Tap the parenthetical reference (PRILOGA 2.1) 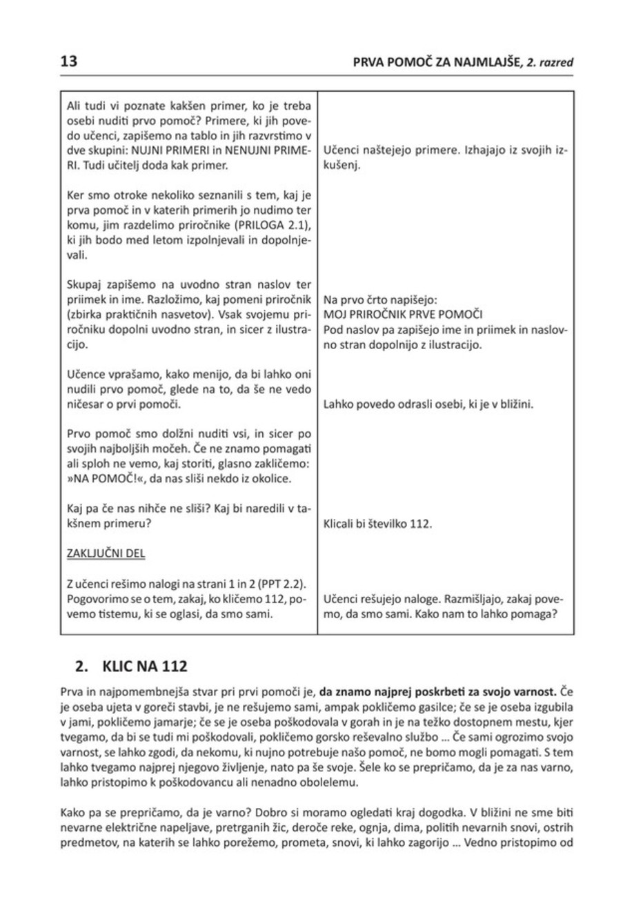click(x=273, y=218)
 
